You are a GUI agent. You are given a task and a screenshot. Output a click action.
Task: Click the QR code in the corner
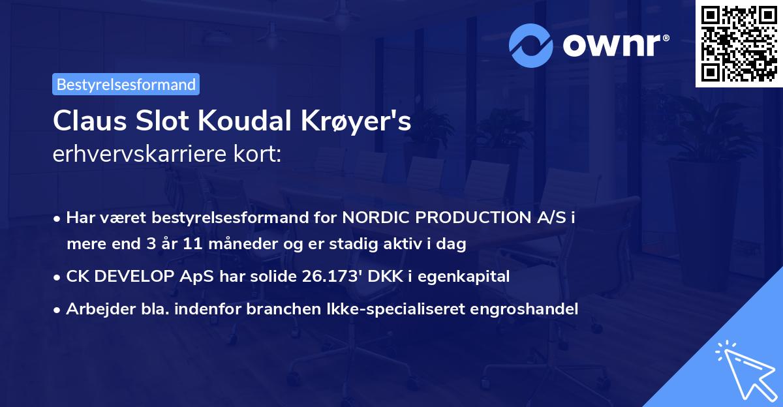click(739, 44)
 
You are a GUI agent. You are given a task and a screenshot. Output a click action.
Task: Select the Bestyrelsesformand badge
click(126, 84)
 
